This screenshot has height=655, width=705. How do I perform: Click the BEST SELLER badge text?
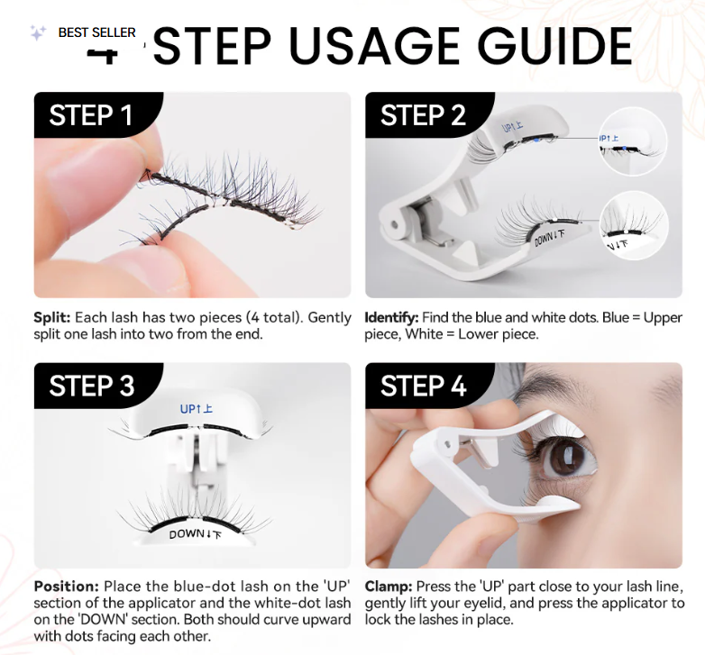click(96, 32)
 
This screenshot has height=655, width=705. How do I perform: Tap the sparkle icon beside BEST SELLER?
click(38, 33)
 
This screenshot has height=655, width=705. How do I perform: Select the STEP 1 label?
click(90, 115)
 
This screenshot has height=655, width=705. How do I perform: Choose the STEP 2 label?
click(423, 115)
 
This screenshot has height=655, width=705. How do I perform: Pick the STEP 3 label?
click(91, 386)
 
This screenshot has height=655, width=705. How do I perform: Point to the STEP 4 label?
click(423, 386)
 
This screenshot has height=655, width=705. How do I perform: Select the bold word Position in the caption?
click(65, 586)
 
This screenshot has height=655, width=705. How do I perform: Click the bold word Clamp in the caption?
click(388, 586)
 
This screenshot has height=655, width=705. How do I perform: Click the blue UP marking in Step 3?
click(195, 409)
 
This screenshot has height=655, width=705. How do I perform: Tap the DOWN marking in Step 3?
click(193, 533)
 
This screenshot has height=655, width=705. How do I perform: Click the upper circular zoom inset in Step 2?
click(633, 139)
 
